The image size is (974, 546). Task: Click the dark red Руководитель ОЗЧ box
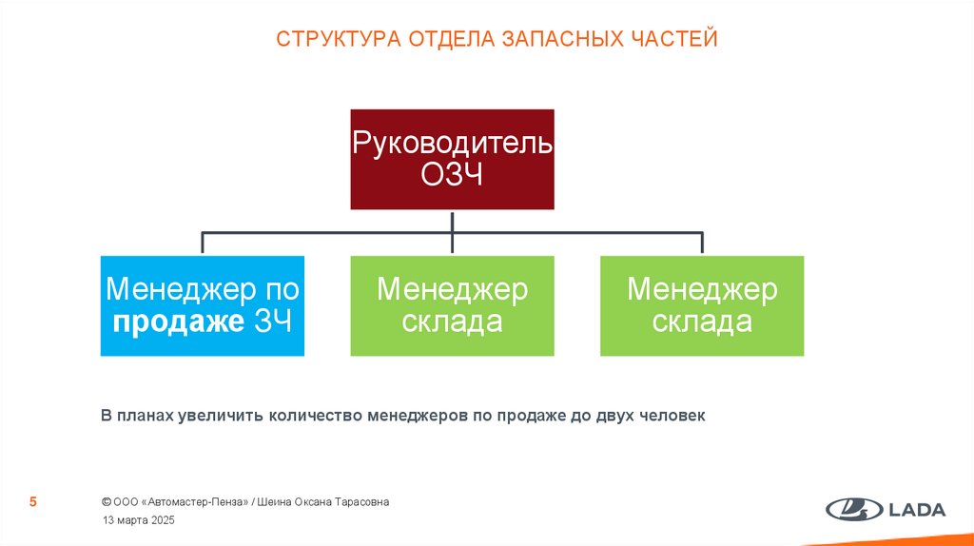point(452,159)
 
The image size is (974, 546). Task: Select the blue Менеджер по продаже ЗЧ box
point(203,305)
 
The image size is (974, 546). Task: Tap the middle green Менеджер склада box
point(452,305)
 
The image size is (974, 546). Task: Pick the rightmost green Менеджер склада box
point(702,305)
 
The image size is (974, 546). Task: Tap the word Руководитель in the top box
point(452,143)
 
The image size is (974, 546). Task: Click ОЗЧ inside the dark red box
point(452,176)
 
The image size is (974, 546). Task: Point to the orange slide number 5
point(33,502)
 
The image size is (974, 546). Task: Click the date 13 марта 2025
point(138,521)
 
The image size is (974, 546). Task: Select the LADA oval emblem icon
point(853,510)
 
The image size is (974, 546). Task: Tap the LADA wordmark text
point(917,510)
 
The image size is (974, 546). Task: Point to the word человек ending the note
point(672,416)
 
